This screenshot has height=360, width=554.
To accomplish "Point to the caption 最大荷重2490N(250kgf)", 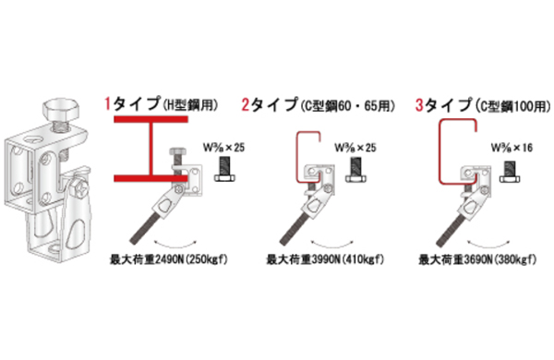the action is click(x=165, y=259).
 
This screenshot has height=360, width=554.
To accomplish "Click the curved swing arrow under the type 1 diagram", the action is click(x=170, y=235).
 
